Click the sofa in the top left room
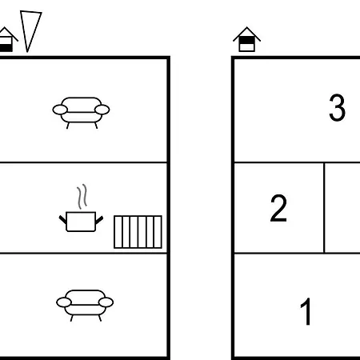pyautogui.click(x=81, y=112)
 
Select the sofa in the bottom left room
pyautogui.click(x=85, y=305)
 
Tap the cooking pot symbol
pyautogui.click(x=81, y=222)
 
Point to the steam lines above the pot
pyautogui.click(x=82, y=196)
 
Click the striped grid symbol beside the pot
pyautogui.click(x=138, y=232)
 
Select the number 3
pyautogui.click(x=337, y=107)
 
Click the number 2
pyautogui.click(x=278, y=208)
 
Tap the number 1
pyautogui.click(x=306, y=311)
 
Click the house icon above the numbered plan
pyautogui.click(x=246, y=39)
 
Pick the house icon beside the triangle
pyautogui.click(x=6, y=39)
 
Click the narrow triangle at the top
pyautogui.click(x=30, y=30)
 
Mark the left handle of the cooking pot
pyautogui.click(x=62, y=220)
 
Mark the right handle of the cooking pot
pyautogui.click(x=99, y=220)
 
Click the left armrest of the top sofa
pyautogui.click(x=60, y=110)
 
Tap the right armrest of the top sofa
pyautogui.click(x=102, y=110)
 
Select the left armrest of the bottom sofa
pyautogui.click(x=64, y=302)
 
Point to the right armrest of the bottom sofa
pyautogui.click(x=106, y=302)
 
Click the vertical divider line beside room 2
pyautogui.click(x=324, y=208)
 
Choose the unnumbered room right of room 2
pyautogui.click(x=342, y=208)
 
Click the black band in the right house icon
pyautogui.click(x=246, y=41)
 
